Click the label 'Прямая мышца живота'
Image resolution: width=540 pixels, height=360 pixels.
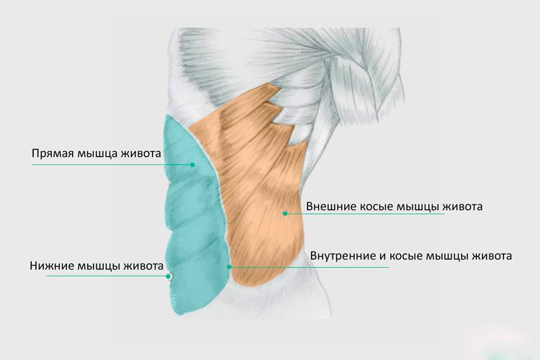[96, 153]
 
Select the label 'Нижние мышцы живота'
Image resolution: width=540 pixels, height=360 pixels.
[96, 264]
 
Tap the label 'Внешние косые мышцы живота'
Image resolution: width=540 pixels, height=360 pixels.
[394, 206]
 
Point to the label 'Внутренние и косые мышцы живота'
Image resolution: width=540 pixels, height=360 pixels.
[411, 256]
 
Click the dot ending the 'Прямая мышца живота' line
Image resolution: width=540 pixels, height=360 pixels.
[193, 165]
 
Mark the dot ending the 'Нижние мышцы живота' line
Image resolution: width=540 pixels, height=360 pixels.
[168, 276]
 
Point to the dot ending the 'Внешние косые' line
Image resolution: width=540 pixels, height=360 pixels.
[285, 213]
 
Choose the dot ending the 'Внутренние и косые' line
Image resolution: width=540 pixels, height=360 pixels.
[229, 267]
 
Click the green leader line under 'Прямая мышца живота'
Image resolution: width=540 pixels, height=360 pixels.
[108, 165]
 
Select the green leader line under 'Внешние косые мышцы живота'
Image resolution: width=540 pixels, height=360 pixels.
[374, 213]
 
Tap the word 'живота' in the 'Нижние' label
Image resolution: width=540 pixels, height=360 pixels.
[143, 264]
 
